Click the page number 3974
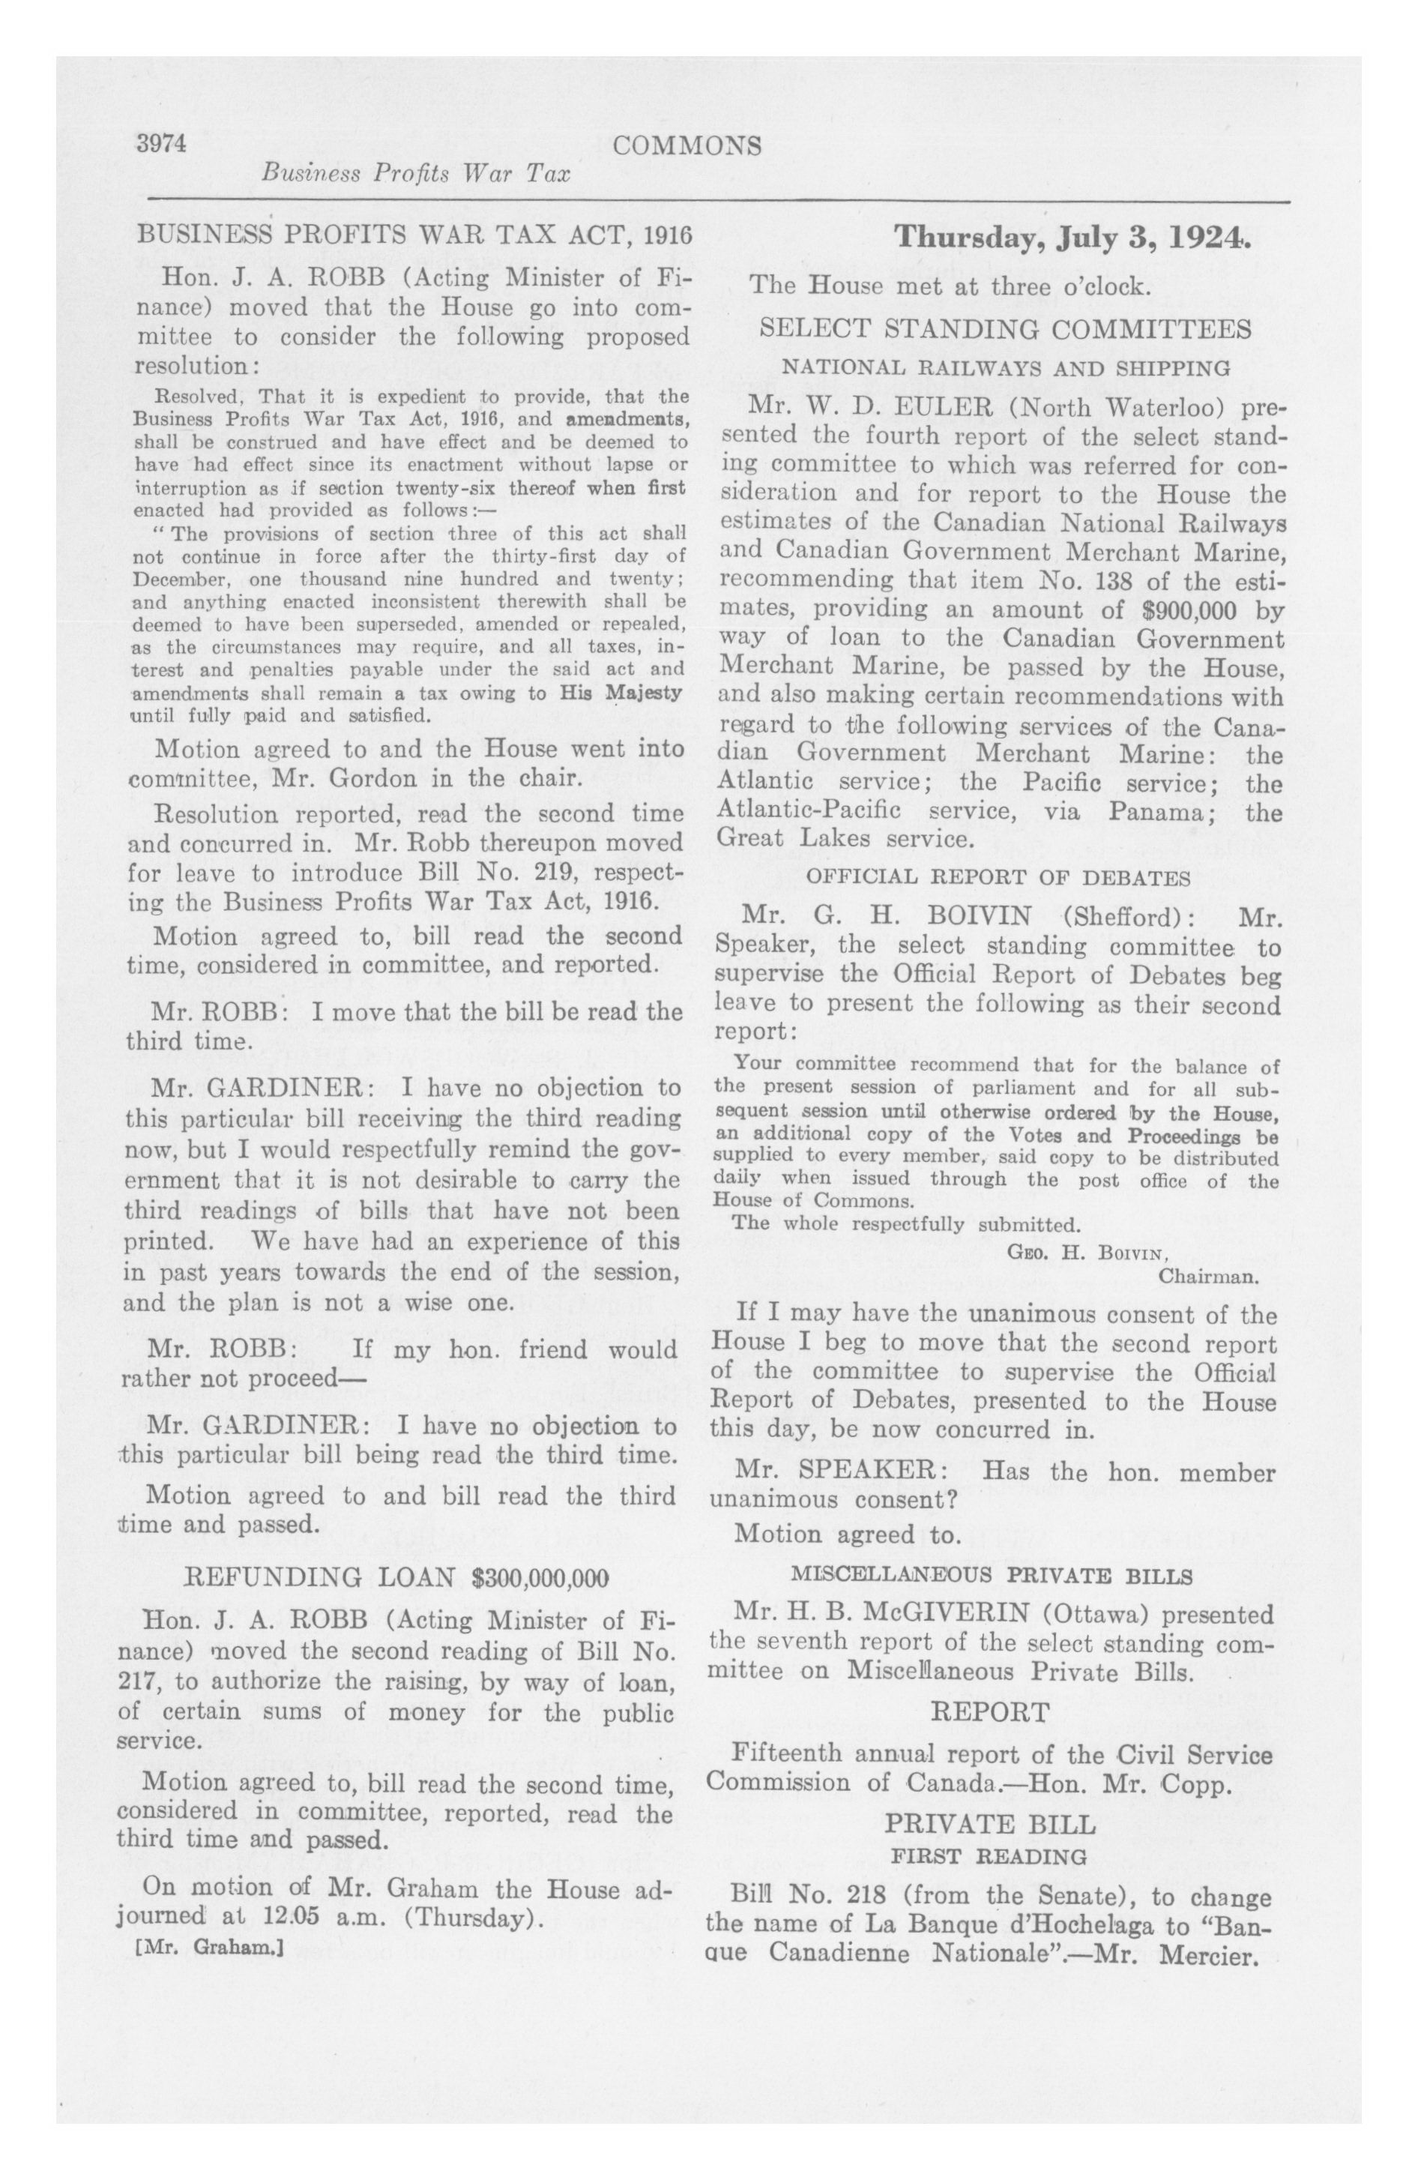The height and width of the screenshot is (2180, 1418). coord(161,144)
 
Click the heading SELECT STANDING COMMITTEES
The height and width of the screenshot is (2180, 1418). coord(1006,329)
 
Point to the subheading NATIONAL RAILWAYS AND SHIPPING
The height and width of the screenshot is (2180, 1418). coord(1005,368)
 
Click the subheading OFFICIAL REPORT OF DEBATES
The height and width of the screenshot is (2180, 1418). coord(998,878)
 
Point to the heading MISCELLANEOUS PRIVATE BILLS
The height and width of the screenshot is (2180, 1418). coord(991,1576)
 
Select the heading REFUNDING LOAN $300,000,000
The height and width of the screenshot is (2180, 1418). coord(397,1577)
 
